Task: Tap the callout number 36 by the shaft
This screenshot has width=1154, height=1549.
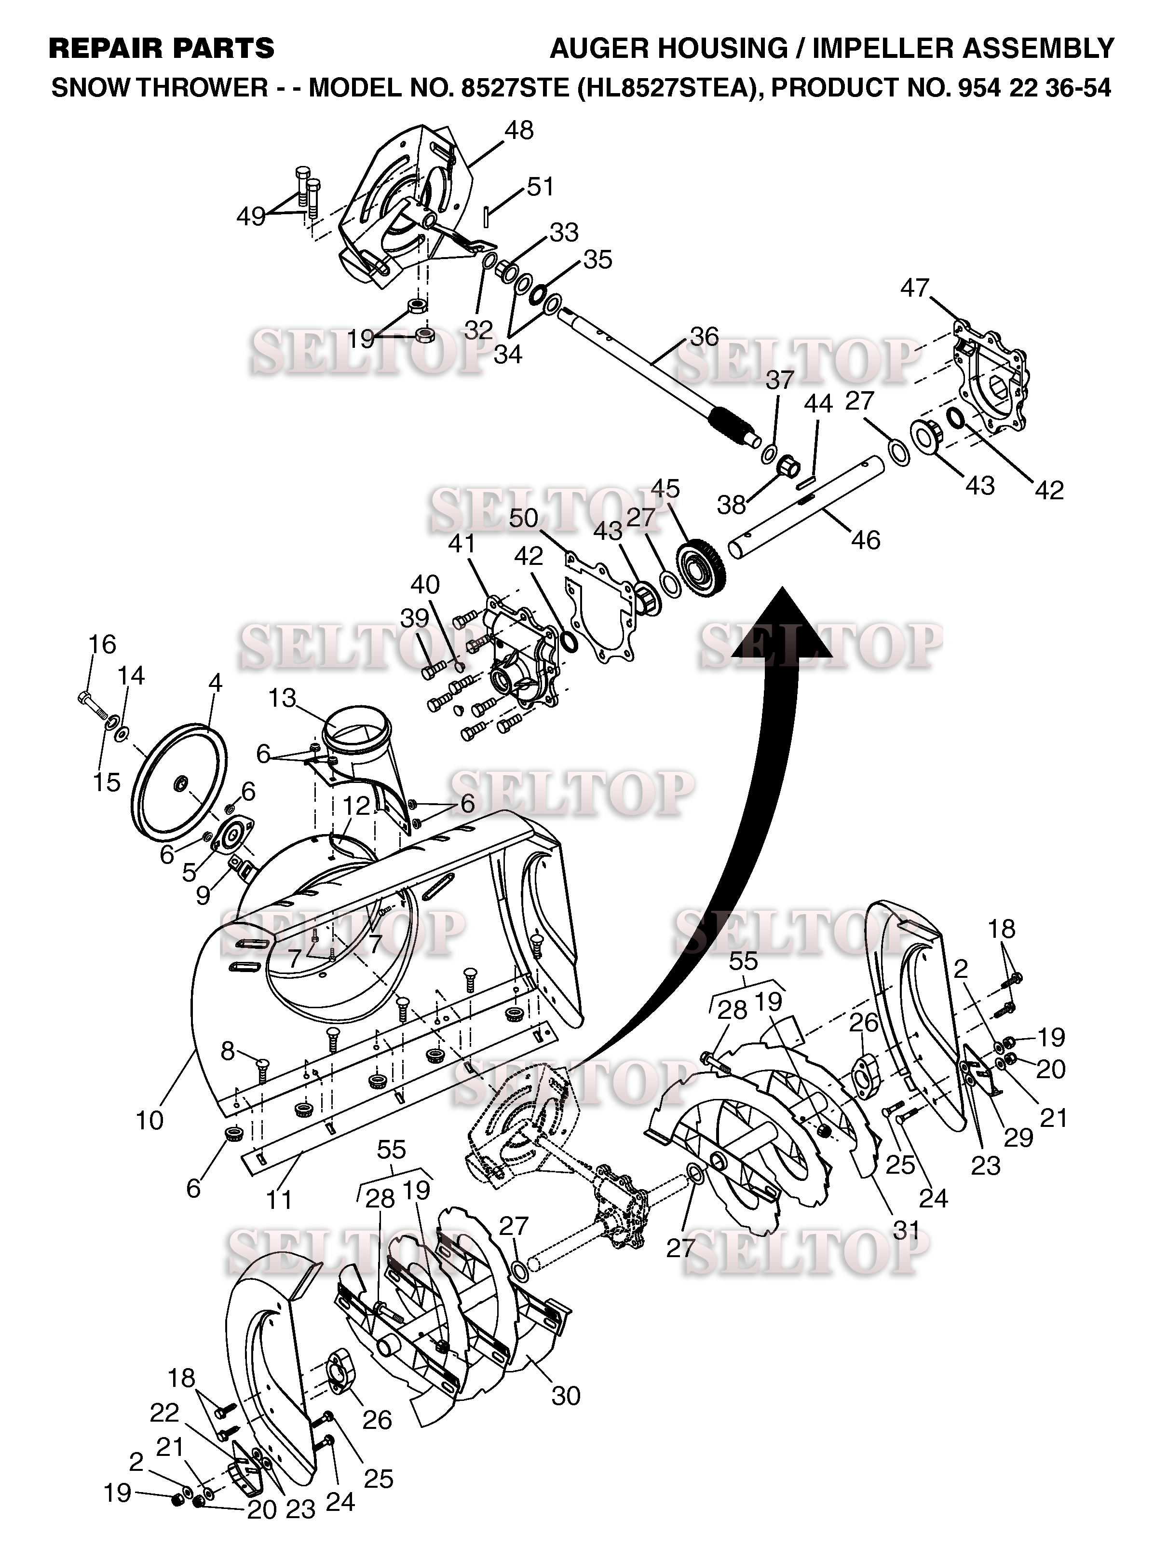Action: [x=704, y=336]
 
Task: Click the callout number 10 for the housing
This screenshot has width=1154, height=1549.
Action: [x=149, y=1120]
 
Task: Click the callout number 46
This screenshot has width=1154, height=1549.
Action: [x=866, y=539]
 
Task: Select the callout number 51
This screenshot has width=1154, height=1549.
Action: [x=541, y=187]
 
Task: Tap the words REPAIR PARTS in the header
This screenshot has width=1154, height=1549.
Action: [x=162, y=48]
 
